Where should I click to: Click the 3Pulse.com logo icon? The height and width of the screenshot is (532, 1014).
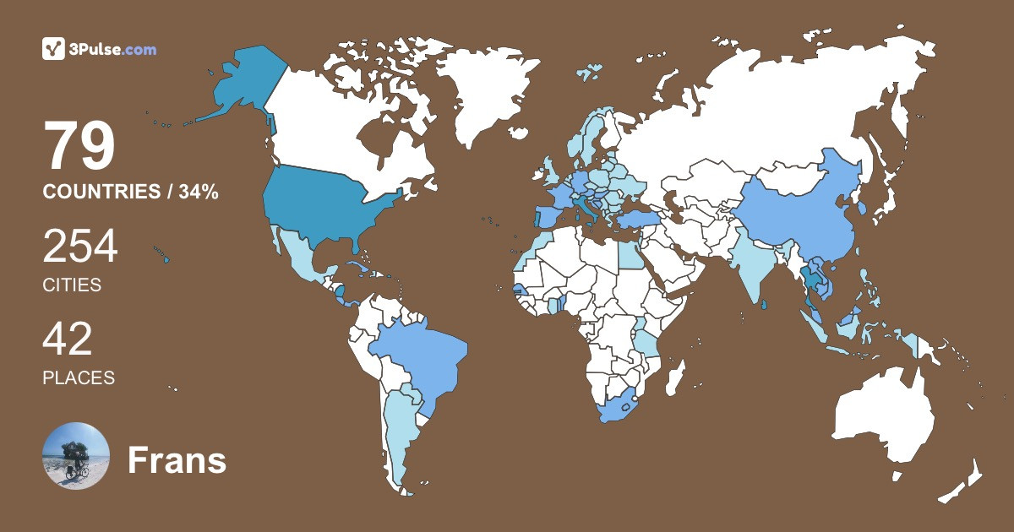click(54, 49)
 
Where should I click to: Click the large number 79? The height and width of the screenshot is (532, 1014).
click(79, 147)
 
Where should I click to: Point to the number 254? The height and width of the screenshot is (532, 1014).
click(80, 247)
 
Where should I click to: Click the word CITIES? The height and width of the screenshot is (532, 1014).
click(72, 285)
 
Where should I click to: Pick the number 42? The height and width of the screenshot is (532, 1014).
click(68, 339)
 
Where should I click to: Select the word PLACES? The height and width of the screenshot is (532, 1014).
click(79, 377)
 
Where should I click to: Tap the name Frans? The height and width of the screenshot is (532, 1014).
click(177, 460)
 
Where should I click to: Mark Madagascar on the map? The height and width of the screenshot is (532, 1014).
click(674, 376)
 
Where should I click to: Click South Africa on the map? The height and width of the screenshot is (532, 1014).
click(621, 408)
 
